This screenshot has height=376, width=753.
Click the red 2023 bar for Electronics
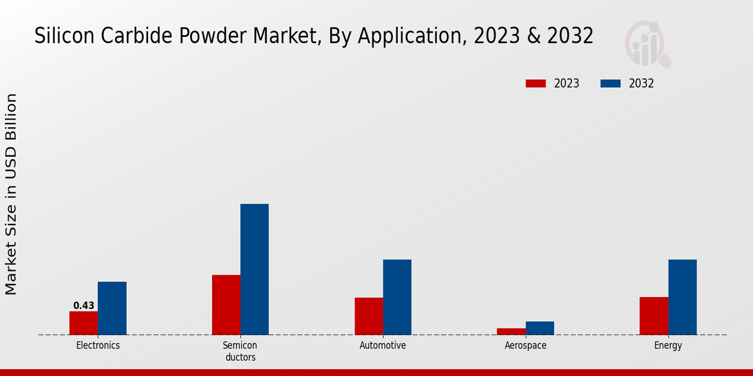click(x=83, y=323)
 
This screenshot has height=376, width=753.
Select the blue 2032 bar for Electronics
click(x=112, y=308)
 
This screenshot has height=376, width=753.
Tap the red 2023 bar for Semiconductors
click(x=226, y=305)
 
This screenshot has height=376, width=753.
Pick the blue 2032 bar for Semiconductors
click(x=254, y=269)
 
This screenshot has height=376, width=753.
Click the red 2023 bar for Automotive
click(x=368, y=316)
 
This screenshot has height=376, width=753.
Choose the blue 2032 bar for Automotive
click(x=397, y=297)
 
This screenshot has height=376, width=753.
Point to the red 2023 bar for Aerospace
click(x=511, y=331)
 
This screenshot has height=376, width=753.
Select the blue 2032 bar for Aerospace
click(x=540, y=328)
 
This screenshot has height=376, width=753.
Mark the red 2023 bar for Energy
click(x=654, y=315)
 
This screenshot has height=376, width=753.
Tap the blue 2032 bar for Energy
click(x=682, y=297)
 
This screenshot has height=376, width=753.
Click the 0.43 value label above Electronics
click(x=83, y=306)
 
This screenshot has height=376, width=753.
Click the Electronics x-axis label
click(x=98, y=345)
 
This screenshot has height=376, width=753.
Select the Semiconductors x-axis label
click(x=240, y=351)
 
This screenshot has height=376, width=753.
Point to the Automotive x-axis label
click(x=383, y=345)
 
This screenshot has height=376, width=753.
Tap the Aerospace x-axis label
click(x=525, y=345)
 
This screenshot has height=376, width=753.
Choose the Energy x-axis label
click(x=668, y=345)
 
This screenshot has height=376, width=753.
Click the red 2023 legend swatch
click(x=536, y=83)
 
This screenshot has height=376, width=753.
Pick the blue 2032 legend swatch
click(x=611, y=83)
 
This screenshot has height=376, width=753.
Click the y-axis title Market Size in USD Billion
click(x=11, y=194)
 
